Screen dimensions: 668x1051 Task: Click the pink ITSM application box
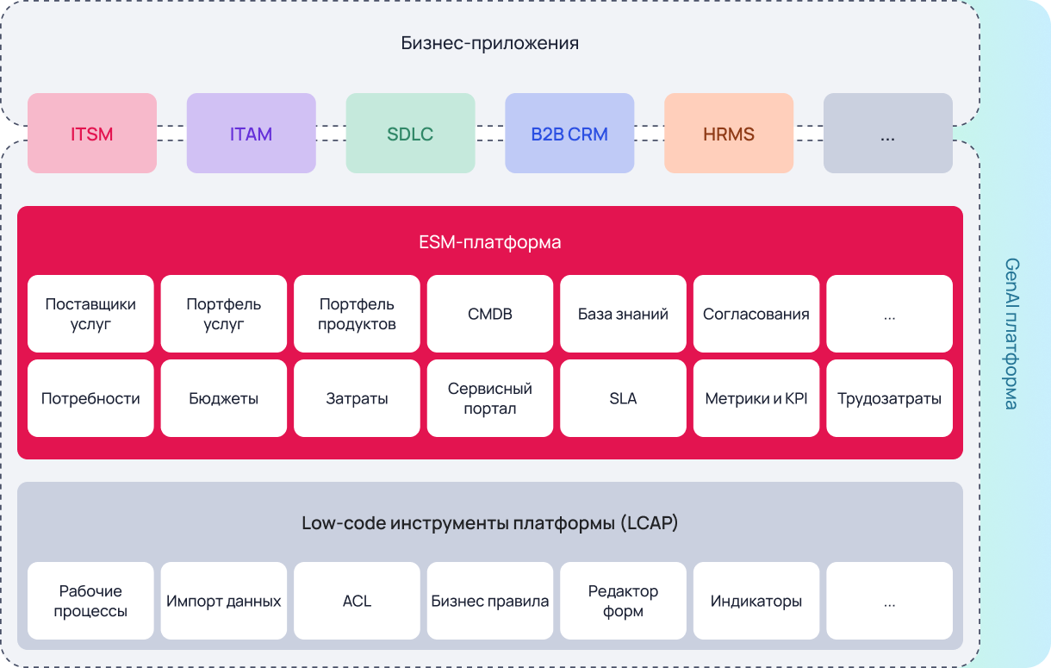92,134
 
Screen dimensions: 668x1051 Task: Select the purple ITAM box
251,134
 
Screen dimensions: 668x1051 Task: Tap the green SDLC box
410,134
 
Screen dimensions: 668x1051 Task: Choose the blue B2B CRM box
569,134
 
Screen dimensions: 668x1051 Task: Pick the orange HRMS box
729,134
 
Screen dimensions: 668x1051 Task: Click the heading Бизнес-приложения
489,43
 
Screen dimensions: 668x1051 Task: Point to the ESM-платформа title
489,242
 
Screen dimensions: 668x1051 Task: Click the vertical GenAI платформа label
1012,334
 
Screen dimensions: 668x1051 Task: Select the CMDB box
490,314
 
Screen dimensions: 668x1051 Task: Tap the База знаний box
623,314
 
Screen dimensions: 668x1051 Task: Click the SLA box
623,398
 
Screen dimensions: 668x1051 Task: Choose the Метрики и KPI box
756,398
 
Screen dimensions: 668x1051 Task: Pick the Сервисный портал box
490,398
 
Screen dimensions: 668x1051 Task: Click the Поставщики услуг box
90,314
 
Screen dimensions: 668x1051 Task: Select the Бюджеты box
224,398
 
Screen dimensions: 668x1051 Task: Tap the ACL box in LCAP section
357,601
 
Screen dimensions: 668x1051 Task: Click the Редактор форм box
623,601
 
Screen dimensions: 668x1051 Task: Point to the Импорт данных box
224,601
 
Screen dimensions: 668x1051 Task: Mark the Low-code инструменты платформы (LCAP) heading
489,523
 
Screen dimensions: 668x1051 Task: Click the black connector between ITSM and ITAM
171,134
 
